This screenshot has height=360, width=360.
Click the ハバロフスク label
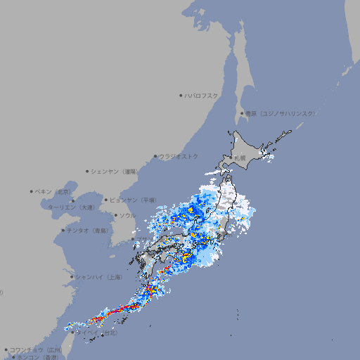[x=202, y=95]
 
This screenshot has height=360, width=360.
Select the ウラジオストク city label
[x=179, y=156]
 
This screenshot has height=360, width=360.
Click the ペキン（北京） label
[x=53, y=191]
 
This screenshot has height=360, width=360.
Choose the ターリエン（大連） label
[x=71, y=207]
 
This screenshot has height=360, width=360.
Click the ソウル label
[x=127, y=215]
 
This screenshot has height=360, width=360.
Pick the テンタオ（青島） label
[x=89, y=230]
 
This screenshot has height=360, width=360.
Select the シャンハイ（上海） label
[x=99, y=277]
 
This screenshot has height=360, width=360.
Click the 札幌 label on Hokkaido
[x=240, y=158]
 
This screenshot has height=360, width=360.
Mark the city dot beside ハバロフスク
[x=181, y=95]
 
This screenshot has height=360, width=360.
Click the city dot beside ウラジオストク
[x=155, y=156]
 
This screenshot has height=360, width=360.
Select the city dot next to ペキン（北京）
[x=32, y=191]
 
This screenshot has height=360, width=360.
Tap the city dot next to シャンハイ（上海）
[x=72, y=277]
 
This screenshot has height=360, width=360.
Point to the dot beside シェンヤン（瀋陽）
[x=87, y=171]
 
